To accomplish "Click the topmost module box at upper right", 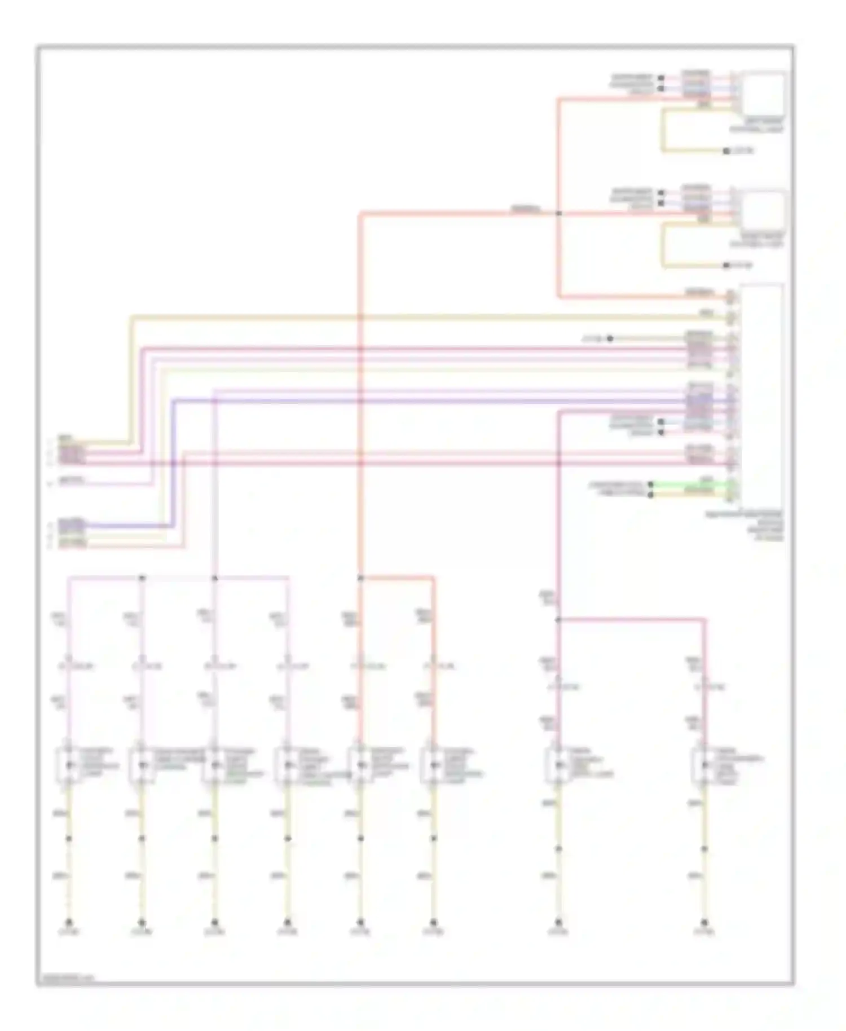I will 763,94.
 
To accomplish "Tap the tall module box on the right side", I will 761,395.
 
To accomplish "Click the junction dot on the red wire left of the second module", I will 558,213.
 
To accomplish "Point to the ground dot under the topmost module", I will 726,151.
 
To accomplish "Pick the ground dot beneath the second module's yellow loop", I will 726,265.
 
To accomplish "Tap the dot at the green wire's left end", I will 651,484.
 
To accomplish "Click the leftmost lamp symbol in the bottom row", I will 69,765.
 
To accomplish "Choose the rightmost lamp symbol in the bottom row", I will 704,765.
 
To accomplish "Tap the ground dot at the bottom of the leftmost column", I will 69,922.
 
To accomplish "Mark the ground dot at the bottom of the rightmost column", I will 704,922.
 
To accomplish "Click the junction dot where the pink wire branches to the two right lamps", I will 558,620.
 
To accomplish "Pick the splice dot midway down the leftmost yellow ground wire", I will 69,839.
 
